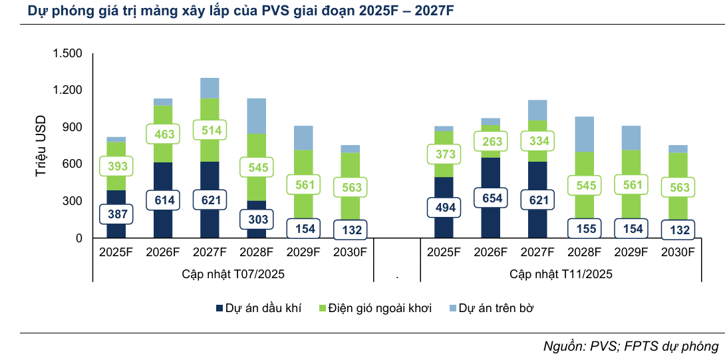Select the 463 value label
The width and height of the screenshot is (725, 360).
(x=163, y=134)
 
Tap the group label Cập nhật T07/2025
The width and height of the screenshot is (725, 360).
(x=233, y=273)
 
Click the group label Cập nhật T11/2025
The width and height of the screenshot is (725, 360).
(x=561, y=273)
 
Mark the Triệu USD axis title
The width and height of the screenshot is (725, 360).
(x=41, y=146)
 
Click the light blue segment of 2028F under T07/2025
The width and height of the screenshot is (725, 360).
(x=256, y=116)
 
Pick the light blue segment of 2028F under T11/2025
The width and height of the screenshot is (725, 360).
(x=584, y=134)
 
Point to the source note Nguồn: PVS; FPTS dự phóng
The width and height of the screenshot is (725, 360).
(x=631, y=346)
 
